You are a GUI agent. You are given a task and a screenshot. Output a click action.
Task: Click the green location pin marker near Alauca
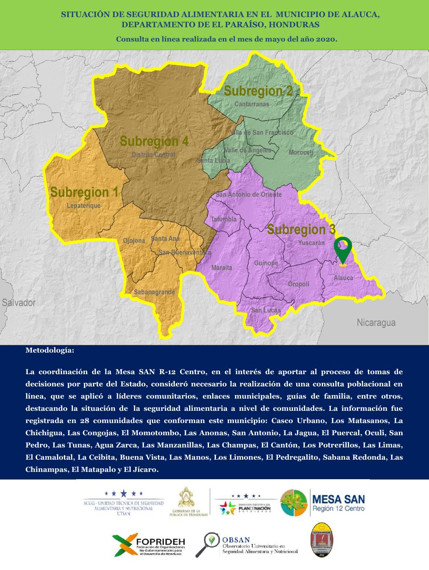pos(343,249)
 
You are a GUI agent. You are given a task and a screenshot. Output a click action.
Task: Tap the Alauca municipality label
pos(343,278)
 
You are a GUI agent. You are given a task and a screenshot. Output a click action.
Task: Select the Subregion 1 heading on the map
pos(84,192)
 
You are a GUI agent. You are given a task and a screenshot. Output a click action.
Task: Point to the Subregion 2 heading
pos(258,91)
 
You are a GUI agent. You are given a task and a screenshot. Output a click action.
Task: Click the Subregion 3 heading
pos(301,230)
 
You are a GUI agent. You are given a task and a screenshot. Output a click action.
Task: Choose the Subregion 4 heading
pos(154,141)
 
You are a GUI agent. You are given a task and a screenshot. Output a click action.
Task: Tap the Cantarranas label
pos(252,104)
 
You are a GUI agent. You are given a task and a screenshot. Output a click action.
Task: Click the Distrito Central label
pos(153,155)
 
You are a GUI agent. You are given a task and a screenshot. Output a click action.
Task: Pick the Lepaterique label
pos(84,206)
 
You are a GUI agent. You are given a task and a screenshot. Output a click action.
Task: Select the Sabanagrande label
pos(154,292)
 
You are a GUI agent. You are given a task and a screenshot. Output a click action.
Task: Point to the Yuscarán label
pos(311,243)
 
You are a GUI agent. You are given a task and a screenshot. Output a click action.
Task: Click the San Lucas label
pos(266,310)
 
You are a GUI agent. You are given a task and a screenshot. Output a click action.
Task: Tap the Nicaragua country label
pos(376,323)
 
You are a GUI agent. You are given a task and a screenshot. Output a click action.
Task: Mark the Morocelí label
pos(301,153)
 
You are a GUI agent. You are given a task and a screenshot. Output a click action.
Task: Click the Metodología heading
pos(50,350)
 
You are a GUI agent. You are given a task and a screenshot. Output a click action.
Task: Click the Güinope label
pos(266,263)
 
